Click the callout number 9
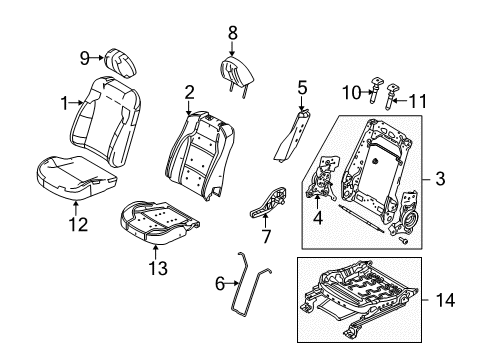point(85,59)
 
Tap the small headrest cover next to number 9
point(121,63)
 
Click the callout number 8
point(233,33)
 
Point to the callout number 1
point(65,103)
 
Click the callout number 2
point(189,92)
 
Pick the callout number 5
point(302,88)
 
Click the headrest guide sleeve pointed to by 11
point(392,97)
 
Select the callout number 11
point(417,101)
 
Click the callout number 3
point(440,179)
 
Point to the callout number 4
point(318,218)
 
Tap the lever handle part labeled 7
point(268,203)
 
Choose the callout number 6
point(220,284)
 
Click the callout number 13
point(158,268)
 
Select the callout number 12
point(78,224)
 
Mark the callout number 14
point(445,300)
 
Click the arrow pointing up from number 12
point(76,208)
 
